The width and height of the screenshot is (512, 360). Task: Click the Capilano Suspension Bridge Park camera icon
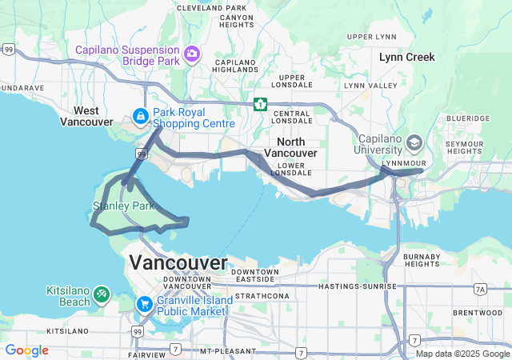192,54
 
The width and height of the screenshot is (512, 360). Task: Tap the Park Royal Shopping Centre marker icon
141,117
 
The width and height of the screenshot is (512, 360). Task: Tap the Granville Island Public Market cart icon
145,303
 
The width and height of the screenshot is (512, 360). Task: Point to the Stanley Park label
122,206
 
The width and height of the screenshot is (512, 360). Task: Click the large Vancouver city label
178,262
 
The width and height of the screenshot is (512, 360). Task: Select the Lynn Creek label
407,57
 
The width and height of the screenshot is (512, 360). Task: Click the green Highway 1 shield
260,104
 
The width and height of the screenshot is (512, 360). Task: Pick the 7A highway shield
480,289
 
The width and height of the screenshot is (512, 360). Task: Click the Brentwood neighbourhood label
477,312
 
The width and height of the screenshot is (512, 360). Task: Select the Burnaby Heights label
422,259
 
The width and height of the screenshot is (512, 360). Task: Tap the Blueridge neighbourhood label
468,118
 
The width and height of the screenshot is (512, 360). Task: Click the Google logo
26,350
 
